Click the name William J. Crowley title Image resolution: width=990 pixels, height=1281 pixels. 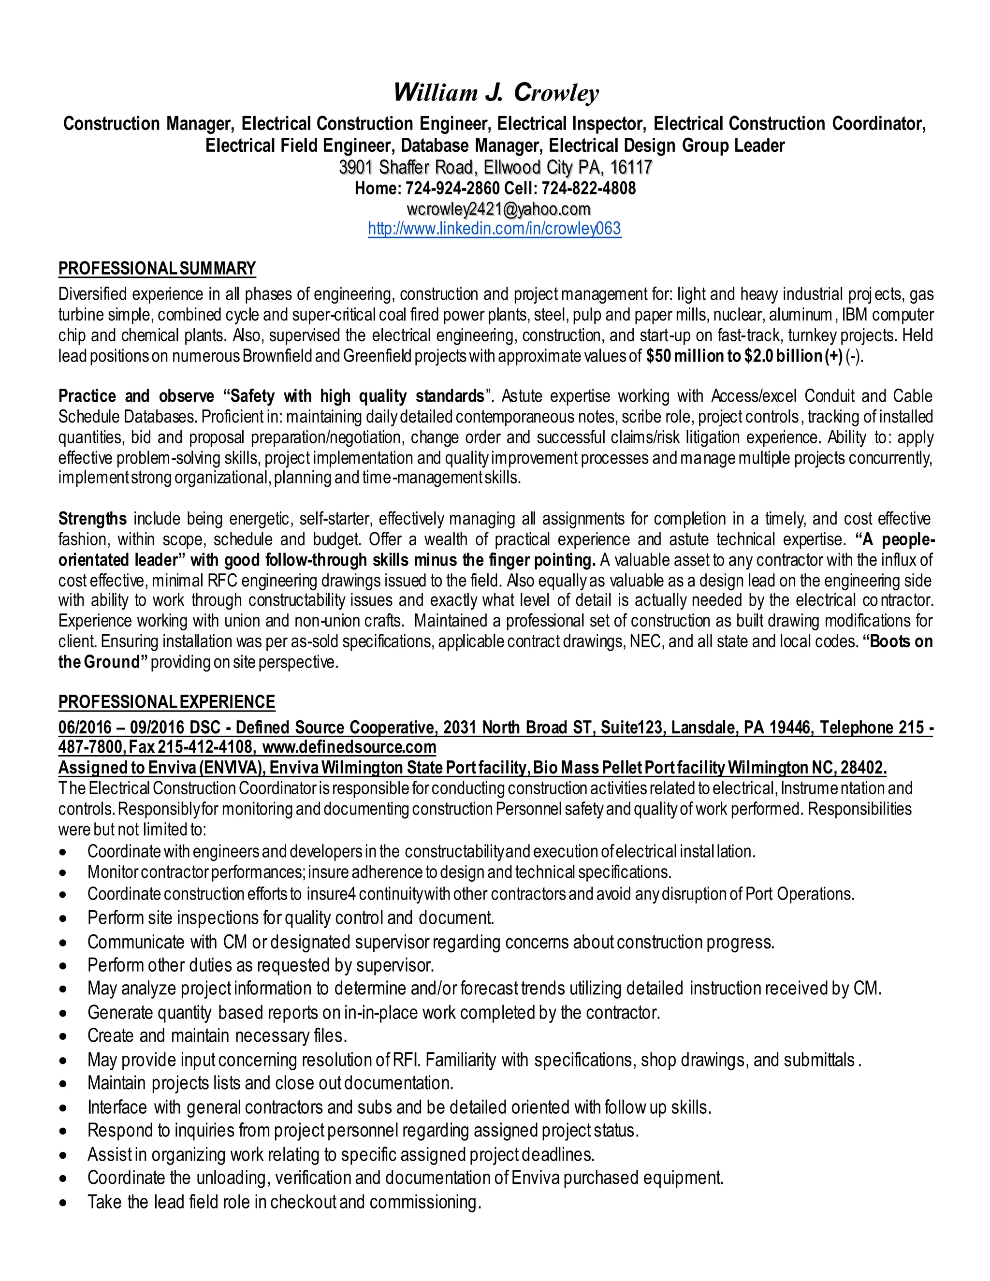[495, 93]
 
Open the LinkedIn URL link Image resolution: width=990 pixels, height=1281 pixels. [495, 229]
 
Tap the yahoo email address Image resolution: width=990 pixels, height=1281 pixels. [498, 209]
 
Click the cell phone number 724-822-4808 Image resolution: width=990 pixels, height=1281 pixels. [589, 188]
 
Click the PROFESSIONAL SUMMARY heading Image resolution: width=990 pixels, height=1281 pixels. [157, 269]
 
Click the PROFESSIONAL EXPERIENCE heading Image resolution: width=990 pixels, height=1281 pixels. [167, 702]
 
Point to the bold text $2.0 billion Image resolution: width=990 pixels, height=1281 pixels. [783, 356]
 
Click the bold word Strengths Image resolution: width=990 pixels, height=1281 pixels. [92, 519]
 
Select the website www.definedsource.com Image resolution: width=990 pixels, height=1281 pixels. [349, 747]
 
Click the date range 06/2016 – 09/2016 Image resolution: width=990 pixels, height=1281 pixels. [121, 728]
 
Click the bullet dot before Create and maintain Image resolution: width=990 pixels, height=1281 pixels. [63, 1036]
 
